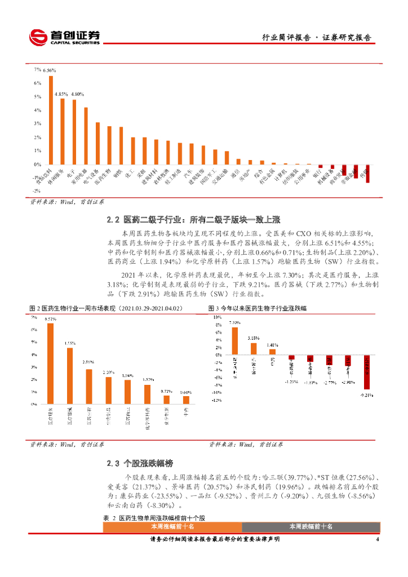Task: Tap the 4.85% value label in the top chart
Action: pos(61,94)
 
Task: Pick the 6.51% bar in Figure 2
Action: pos(51,363)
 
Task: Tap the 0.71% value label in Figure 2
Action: pos(166,390)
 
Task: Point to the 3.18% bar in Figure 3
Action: pos(254,349)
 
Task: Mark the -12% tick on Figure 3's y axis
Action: pos(215,401)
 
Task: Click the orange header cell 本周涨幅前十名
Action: pos(172,526)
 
